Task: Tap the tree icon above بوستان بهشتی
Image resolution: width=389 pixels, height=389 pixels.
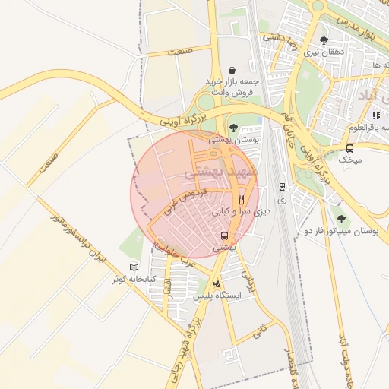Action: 232,128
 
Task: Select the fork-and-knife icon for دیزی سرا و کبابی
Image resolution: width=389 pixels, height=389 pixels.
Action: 241,200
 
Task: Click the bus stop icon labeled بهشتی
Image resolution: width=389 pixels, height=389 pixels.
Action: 224,236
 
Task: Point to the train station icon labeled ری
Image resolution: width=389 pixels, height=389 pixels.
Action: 282,186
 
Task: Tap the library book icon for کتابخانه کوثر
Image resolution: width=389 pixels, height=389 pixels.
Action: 134,267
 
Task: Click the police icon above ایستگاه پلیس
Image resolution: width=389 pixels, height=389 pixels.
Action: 217,283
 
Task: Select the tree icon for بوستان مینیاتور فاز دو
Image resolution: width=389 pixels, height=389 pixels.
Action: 340,219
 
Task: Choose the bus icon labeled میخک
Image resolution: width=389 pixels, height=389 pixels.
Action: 349,149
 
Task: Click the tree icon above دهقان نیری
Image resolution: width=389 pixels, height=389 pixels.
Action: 324,40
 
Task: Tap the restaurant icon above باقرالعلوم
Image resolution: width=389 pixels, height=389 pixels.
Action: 376,115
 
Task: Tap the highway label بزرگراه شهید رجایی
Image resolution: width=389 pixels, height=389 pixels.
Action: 185,350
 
